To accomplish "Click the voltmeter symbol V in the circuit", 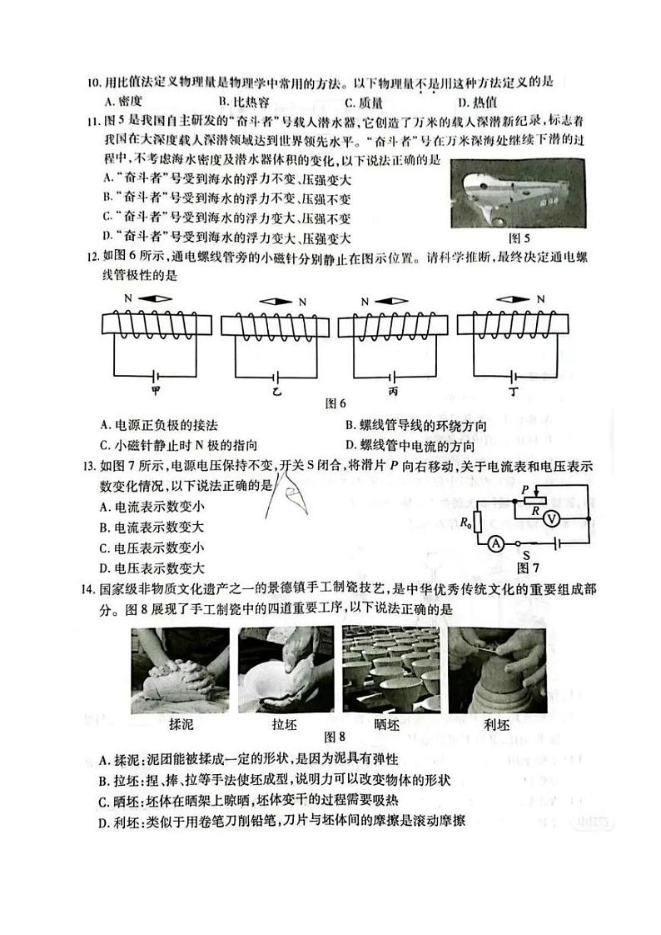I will pos(549,518).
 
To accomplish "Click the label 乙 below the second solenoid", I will pos(276,389).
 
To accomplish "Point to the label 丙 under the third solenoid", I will pos(393,389).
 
